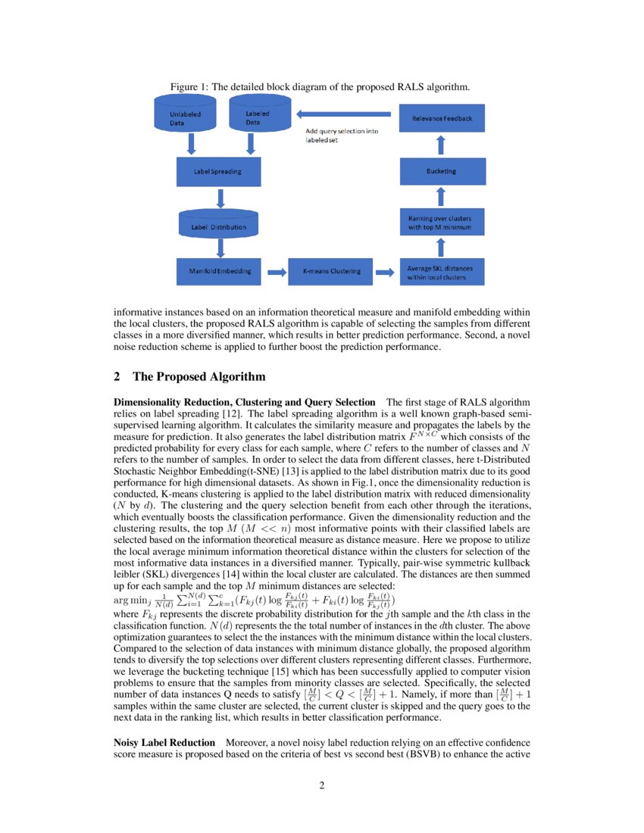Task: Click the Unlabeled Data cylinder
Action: click(x=185, y=117)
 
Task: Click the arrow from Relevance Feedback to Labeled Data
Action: click(x=345, y=114)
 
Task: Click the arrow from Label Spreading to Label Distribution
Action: click(x=220, y=198)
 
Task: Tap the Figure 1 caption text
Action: click(x=320, y=86)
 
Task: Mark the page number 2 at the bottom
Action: click(x=321, y=785)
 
